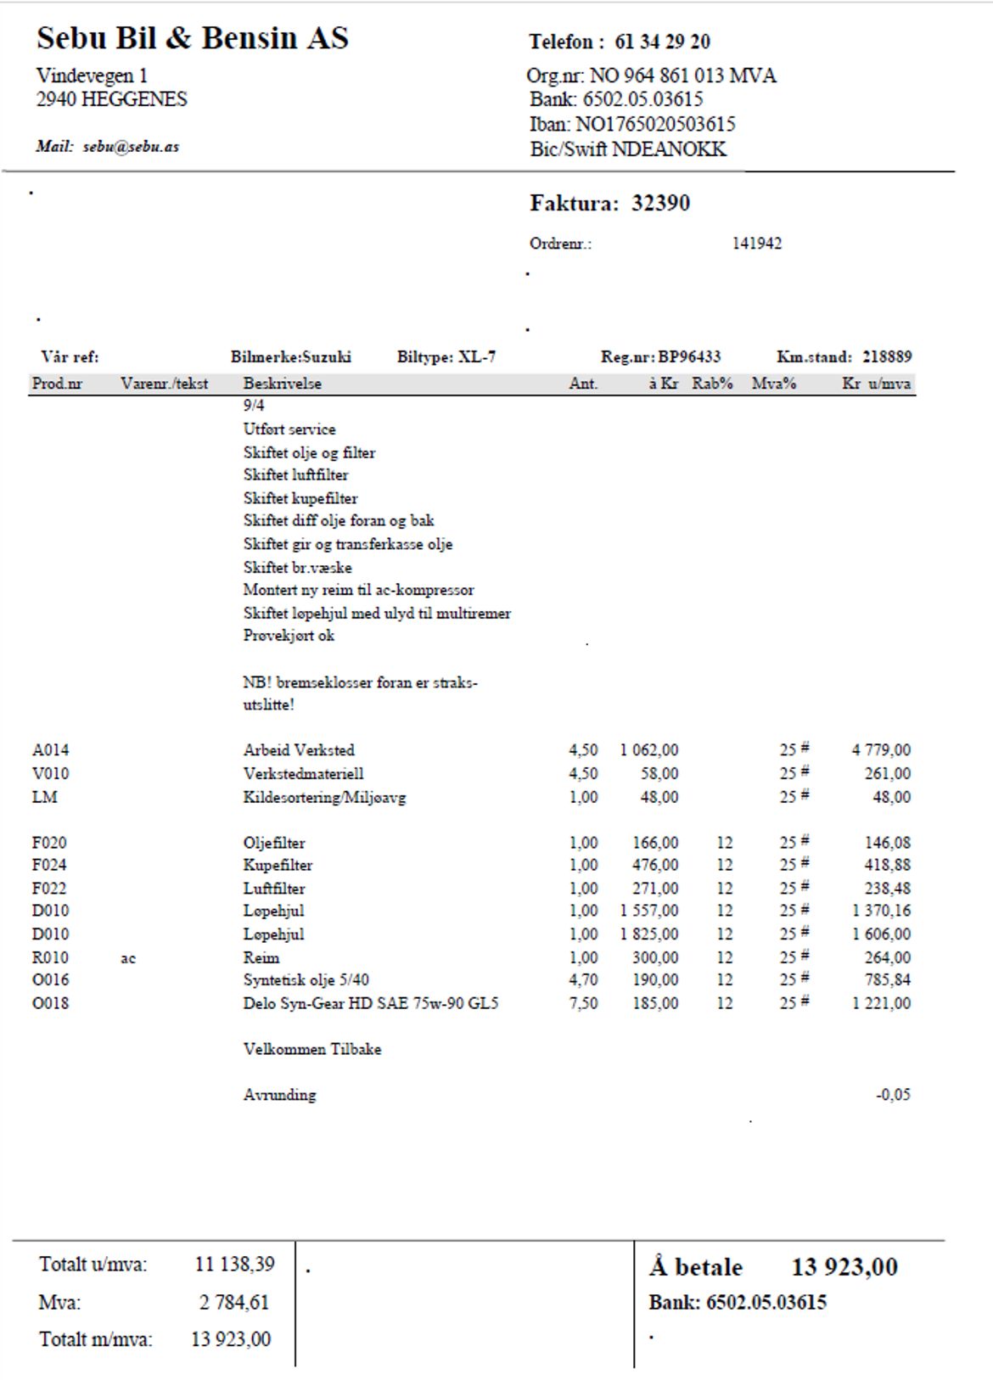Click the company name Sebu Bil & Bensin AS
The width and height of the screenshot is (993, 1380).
pos(192,38)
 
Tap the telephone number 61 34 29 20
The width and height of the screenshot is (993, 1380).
pos(662,42)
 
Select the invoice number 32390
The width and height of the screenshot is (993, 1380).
pos(660,203)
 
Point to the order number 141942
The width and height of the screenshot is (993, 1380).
pos(756,244)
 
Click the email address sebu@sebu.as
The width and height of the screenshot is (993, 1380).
pos(131,147)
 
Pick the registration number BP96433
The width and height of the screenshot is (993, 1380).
pos(689,357)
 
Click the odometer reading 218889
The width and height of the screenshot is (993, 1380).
pos(887,357)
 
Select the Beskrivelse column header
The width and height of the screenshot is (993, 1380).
pos(282,384)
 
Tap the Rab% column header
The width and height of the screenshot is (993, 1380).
pos(711,384)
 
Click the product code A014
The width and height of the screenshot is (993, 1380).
pos(50,750)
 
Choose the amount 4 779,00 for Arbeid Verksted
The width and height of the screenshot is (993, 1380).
pos(881,750)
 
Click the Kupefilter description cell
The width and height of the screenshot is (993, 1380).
pos(278,866)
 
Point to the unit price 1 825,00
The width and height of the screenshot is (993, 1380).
pos(648,934)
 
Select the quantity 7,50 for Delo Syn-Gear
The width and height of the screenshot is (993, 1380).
pos(583,1003)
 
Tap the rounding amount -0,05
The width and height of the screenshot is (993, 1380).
pos(893,1095)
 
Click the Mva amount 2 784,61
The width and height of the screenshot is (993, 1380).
pos(233,1302)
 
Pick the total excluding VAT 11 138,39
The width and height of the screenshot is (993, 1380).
pos(234,1265)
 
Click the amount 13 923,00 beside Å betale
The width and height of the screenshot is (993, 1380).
pos(844,1267)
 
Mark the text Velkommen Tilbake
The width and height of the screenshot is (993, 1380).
pos(311,1049)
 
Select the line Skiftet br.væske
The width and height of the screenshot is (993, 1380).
pos(297,568)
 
